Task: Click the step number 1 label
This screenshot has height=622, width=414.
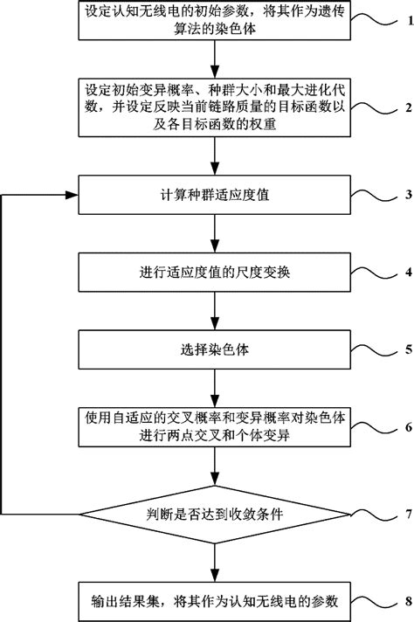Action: pyautogui.click(x=401, y=19)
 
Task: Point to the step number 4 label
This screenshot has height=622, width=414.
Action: pyautogui.click(x=401, y=271)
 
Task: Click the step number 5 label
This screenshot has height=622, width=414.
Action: pyautogui.click(x=401, y=350)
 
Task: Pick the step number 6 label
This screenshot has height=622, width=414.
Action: pyautogui.click(x=401, y=428)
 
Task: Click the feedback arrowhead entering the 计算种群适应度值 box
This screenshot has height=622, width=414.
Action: pyautogui.click(x=73, y=194)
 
